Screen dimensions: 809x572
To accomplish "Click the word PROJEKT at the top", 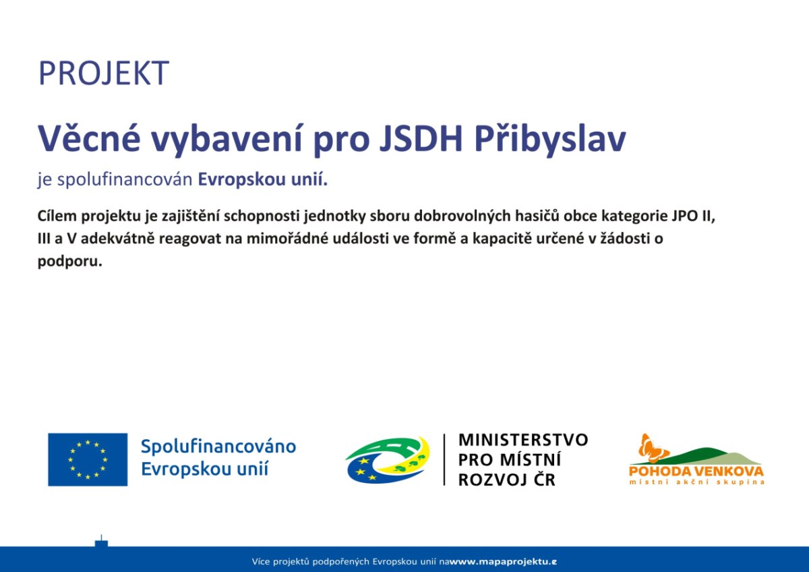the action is [104, 74].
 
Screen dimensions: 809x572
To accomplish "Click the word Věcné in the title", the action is [89, 138].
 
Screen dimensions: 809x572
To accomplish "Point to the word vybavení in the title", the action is [227, 140].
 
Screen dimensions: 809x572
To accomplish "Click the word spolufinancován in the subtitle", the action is [125, 179].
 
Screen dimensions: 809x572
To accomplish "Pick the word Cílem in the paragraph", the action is [57, 216].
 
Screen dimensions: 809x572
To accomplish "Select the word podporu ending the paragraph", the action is [69, 262].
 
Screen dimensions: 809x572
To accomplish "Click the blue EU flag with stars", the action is [88, 459].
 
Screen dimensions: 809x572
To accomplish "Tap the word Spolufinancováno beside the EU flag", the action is [218, 447].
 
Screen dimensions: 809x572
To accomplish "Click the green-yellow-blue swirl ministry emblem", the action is [388, 459].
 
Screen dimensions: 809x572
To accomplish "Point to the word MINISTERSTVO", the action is [523, 440].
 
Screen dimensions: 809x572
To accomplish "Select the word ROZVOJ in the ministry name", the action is [493, 480].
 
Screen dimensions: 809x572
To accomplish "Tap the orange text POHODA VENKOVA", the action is [696, 471].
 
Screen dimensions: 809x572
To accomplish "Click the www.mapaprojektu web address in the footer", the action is [503, 562].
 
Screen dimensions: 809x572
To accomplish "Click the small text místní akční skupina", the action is [696, 482].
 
